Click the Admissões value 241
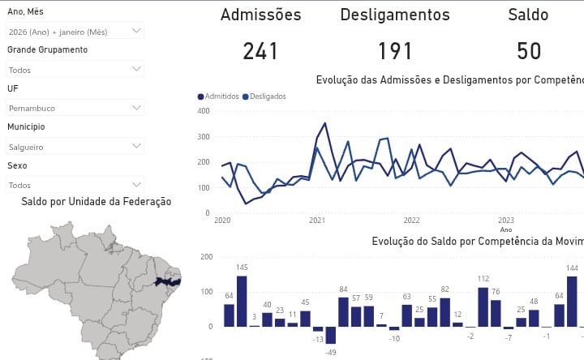pyautogui.click(x=260, y=51)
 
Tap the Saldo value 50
pyautogui.click(x=529, y=51)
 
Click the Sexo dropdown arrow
pyautogui.click(x=136, y=184)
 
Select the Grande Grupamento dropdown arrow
pyautogui.click(x=136, y=70)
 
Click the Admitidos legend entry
pyautogui.click(x=218, y=96)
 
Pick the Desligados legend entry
pyautogui.click(x=264, y=96)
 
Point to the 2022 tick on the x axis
pyautogui.click(x=411, y=220)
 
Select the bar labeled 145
pyautogui.click(x=242, y=301)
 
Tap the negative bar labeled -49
pyautogui.click(x=331, y=334)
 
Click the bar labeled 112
pyautogui.click(x=483, y=306)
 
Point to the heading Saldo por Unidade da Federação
pyautogui.click(x=97, y=202)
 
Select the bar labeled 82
pyautogui.click(x=444, y=312)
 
